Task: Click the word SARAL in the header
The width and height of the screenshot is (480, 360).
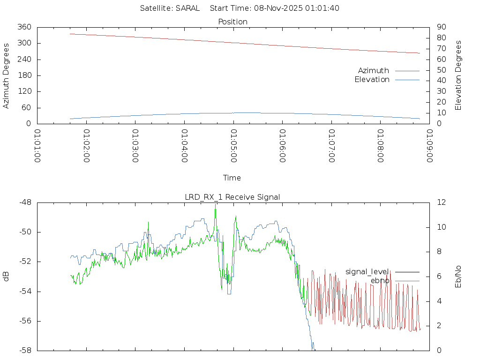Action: click(x=187, y=8)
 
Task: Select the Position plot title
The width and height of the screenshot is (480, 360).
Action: click(x=233, y=22)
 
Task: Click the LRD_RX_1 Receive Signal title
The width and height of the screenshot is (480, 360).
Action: click(x=232, y=197)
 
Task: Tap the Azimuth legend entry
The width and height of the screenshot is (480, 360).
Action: click(x=374, y=70)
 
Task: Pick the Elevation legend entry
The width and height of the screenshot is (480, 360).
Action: click(x=372, y=80)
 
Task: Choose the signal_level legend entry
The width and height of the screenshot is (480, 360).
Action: click(x=367, y=271)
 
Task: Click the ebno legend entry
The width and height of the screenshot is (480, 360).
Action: click(x=380, y=281)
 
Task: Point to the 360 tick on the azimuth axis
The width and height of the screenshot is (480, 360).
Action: click(x=24, y=27)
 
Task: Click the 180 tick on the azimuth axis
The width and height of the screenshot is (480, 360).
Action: click(x=24, y=75)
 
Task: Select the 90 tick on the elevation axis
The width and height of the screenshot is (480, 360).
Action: click(x=442, y=27)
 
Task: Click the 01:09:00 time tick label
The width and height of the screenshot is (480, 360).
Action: click(x=429, y=146)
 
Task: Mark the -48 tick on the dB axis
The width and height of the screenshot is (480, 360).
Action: click(x=24, y=202)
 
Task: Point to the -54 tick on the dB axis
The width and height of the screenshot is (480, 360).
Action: click(x=24, y=292)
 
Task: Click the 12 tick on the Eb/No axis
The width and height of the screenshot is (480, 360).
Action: click(x=441, y=202)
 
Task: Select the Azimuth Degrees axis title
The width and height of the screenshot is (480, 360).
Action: click(x=7, y=75)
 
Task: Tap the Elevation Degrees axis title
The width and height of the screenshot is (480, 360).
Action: click(x=458, y=75)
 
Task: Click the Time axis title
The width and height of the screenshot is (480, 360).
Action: click(x=232, y=178)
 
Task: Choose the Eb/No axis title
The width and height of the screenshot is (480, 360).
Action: click(x=458, y=277)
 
